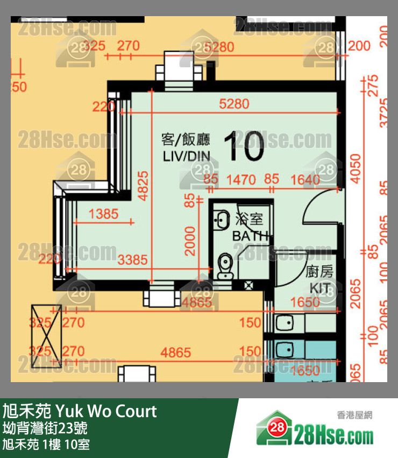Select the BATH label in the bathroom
250,236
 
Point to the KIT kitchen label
319,287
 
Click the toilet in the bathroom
225,266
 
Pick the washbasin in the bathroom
221,220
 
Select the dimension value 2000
190,241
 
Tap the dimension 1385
103,214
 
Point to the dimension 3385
132,260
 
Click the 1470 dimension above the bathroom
241,180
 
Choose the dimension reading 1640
305,180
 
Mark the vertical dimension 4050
356,168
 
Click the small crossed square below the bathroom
248,285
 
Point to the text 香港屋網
354,415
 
